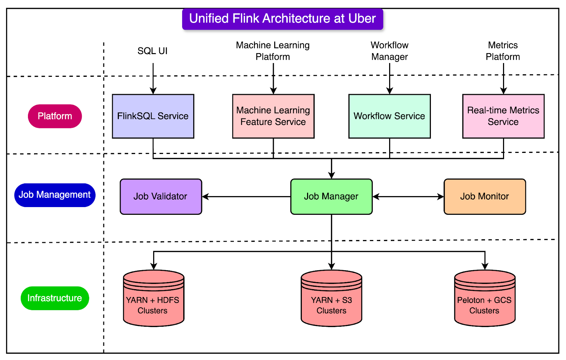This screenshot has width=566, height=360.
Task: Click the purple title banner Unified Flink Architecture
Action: pyautogui.click(x=282, y=19)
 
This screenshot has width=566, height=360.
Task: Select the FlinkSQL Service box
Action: pyautogui.click(x=153, y=116)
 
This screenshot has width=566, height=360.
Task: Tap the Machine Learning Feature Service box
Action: pyautogui.click(x=273, y=116)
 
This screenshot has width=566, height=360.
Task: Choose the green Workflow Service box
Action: pyautogui.click(x=389, y=116)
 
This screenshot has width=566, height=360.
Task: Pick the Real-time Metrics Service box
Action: pyautogui.click(x=503, y=116)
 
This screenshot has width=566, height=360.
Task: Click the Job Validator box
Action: pyautogui.click(x=161, y=196)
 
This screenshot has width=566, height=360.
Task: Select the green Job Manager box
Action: pyautogui.click(x=331, y=196)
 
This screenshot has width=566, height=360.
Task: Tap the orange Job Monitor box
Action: pyautogui.click(x=484, y=196)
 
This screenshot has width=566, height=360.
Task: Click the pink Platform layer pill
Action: pyautogui.click(x=55, y=116)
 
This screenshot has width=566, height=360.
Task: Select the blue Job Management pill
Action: pyautogui.click(x=55, y=195)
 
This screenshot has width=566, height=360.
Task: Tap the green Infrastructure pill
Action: pyautogui.click(x=55, y=298)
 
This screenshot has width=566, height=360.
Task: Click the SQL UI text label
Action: pyautogui.click(x=152, y=51)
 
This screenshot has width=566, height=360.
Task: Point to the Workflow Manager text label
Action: pyautogui.click(x=389, y=51)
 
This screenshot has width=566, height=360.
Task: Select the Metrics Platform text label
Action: pyautogui.click(x=503, y=51)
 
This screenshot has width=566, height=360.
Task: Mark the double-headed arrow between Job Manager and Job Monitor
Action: pyautogui.click(x=408, y=196)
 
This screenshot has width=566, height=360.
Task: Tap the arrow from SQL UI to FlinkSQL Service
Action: pyautogui.click(x=153, y=79)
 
